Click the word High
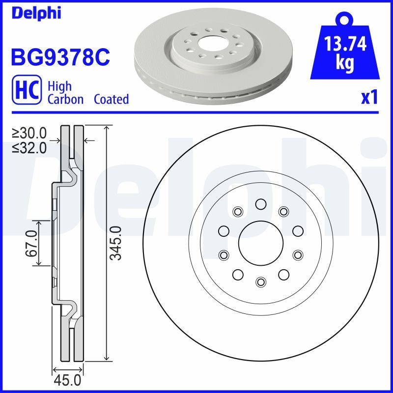click(59, 86)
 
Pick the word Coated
click(111, 99)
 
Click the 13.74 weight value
click(345, 45)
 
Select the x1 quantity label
click(369, 98)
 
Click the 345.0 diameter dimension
click(115, 243)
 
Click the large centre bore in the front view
click(260, 243)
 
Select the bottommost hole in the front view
click(260, 281)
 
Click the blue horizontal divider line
click(196, 113)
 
